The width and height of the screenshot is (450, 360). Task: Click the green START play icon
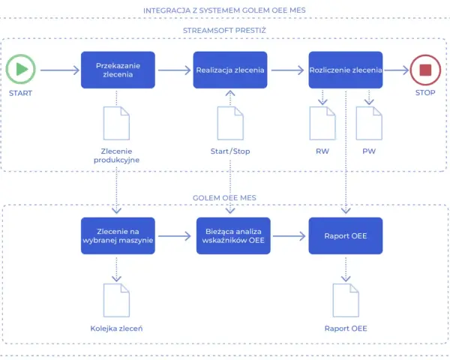[x=21, y=69]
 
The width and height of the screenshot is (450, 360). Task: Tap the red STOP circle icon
[x=425, y=70]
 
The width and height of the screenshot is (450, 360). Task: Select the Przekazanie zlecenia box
[x=118, y=70]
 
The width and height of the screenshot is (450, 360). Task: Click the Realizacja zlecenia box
[x=230, y=70]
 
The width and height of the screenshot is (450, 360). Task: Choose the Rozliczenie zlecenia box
[x=346, y=70]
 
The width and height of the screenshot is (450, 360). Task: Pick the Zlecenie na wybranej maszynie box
[x=118, y=235]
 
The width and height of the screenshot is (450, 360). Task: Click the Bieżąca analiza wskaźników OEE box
[x=233, y=235]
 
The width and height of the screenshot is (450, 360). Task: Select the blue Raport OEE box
[x=346, y=235]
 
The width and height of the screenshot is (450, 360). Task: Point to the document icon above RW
[x=322, y=124]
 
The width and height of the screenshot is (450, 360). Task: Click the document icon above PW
[x=369, y=124]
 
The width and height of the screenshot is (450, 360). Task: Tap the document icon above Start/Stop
[x=230, y=124]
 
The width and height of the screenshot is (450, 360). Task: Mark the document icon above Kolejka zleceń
[x=116, y=300]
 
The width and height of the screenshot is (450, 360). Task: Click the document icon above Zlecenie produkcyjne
[x=116, y=124]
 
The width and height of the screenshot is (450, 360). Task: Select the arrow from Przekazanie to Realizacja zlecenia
[x=175, y=70]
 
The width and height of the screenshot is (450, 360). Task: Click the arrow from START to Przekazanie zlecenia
[x=60, y=70]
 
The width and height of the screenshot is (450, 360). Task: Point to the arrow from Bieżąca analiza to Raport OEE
[x=289, y=236]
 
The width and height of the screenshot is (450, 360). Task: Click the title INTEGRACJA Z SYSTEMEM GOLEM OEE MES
[x=224, y=10]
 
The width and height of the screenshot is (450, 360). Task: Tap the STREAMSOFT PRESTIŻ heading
[x=224, y=30]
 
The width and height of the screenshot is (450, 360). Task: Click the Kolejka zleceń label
[x=116, y=328]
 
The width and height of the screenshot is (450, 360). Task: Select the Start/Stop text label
[x=230, y=151]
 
